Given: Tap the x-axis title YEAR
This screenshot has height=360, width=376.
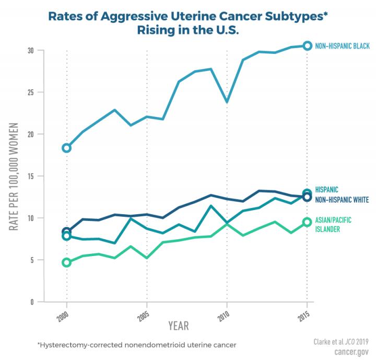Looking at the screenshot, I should (178, 326).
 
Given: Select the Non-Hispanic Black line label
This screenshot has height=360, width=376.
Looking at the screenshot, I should (342, 47).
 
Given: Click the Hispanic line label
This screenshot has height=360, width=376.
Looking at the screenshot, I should (327, 190).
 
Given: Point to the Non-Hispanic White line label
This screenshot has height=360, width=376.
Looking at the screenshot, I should (342, 200).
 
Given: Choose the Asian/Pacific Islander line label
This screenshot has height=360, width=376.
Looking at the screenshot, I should (334, 225).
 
